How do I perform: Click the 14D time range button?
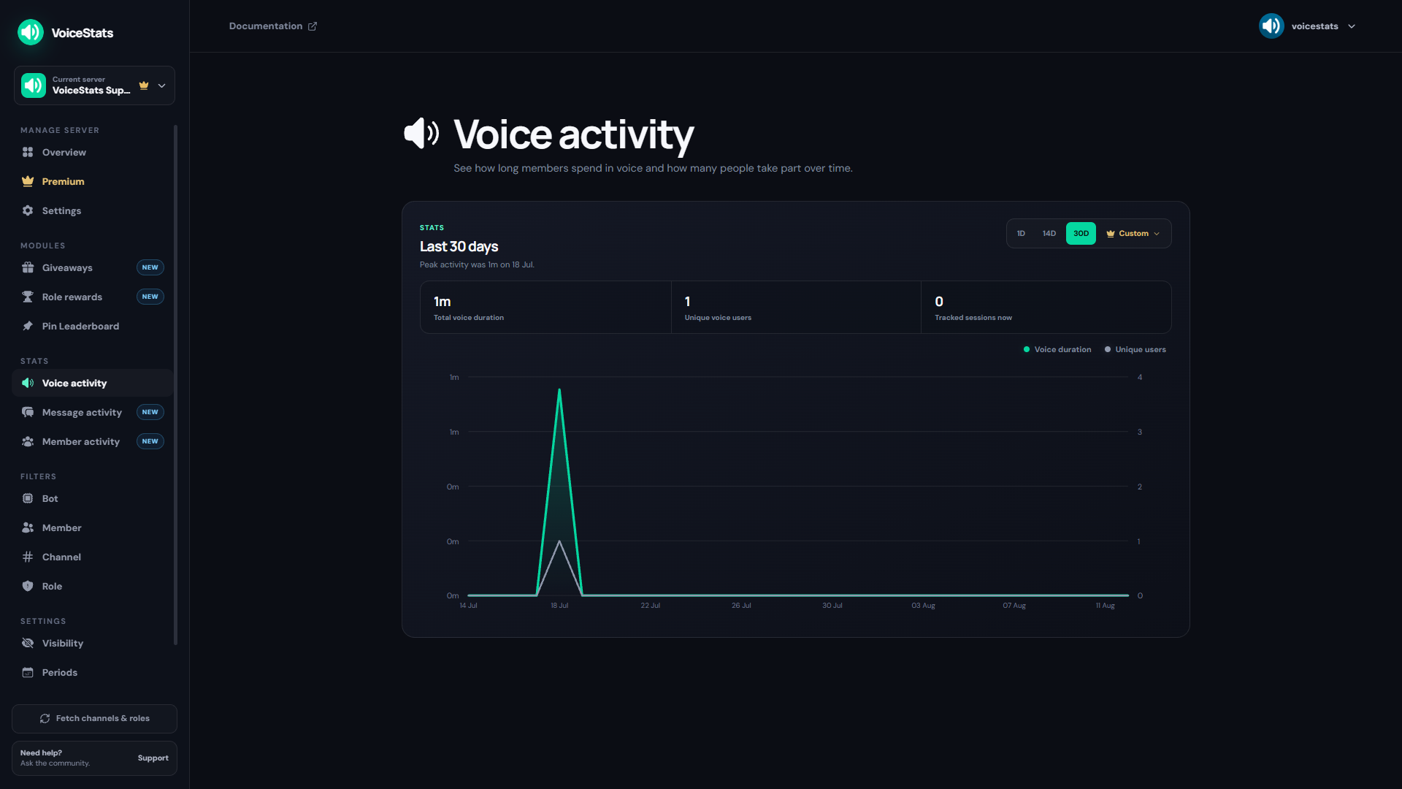pyautogui.click(x=1049, y=234)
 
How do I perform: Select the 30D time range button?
pyautogui.click(x=1081, y=234)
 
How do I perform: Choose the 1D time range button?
pyautogui.click(x=1021, y=234)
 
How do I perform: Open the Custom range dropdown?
pyautogui.click(x=1133, y=234)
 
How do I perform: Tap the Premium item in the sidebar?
pyautogui.click(x=63, y=181)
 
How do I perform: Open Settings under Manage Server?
pyautogui.click(x=61, y=210)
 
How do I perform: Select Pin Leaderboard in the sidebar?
pyautogui.click(x=80, y=326)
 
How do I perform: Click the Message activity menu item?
pyautogui.click(x=82, y=412)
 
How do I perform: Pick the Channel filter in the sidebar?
pyautogui.click(x=61, y=557)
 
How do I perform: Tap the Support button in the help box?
pyautogui.click(x=153, y=758)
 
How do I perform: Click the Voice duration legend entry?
pyautogui.click(x=1057, y=350)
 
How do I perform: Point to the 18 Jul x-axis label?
pyautogui.click(x=559, y=606)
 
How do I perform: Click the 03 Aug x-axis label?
pyautogui.click(x=923, y=606)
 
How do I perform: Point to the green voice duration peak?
pyautogui.click(x=559, y=389)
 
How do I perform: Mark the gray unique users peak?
pyautogui.click(x=559, y=541)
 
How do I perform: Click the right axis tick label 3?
pyautogui.click(x=1139, y=432)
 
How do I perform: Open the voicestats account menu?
pyautogui.click(x=1307, y=26)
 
